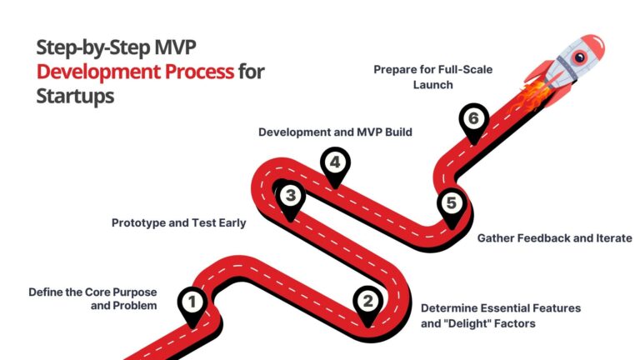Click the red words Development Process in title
(135, 72)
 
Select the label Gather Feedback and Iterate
(553, 238)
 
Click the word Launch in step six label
(433, 86)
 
